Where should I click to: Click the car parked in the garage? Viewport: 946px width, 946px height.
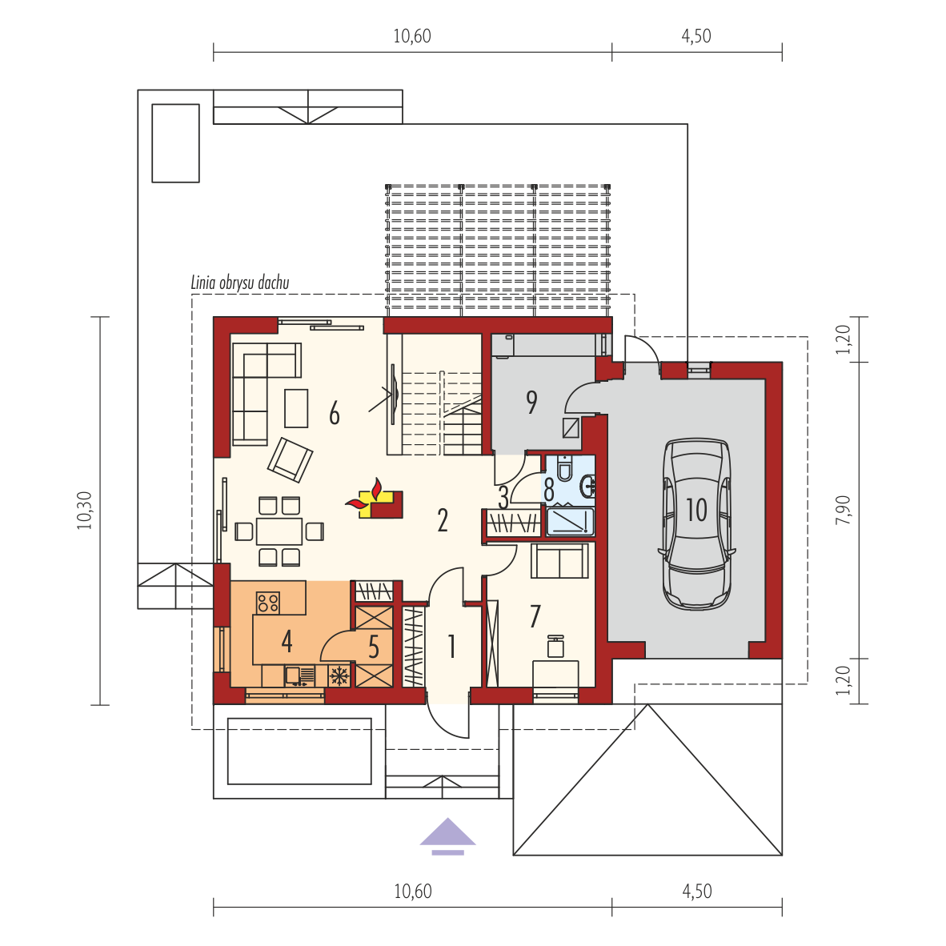click(x=696, y=523)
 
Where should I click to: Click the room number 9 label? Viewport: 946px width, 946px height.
click(x=531, y=402)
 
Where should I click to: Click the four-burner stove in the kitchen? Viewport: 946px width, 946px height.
click(x=268, y=602)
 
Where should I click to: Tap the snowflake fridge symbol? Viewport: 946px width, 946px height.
click(x=339, y=675)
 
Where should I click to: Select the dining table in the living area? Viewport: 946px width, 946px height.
click(x=279, y=531)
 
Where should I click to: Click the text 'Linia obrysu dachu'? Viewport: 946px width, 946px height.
click(x=240, y=283)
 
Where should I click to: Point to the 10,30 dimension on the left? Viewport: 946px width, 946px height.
click(x=85, y=511)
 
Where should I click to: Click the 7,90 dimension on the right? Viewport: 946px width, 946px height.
click(x=844, y=510)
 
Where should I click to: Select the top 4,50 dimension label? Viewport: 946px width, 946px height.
click(x=696, y=36)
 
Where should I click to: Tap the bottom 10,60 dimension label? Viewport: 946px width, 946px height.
click(x=413, y=891)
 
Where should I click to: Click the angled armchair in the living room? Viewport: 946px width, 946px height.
click(x=291, y=459)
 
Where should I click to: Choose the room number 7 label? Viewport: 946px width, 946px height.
click(x=535, y=616)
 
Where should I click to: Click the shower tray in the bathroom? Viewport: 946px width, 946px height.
click(x=570, y=522)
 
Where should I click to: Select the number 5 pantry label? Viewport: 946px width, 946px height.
click(x=374, y=647)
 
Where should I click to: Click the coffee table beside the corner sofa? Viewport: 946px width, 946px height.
click(x=296, y=408)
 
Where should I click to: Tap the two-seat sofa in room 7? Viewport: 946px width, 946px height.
click(x=559, y=561)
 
